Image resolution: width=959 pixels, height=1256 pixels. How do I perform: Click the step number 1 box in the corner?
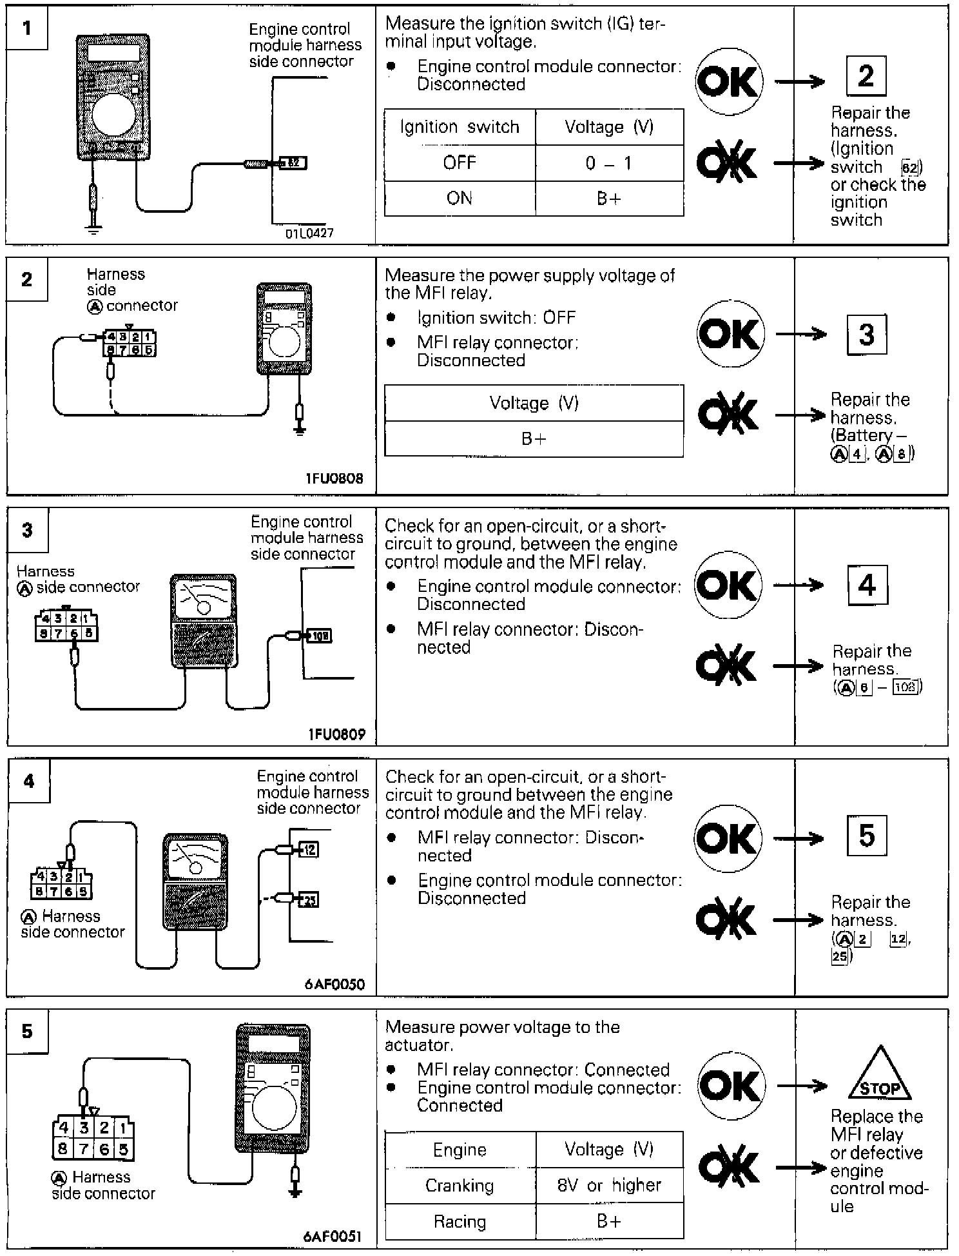[27, 28]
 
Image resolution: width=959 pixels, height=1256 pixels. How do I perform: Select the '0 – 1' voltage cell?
[608, 163]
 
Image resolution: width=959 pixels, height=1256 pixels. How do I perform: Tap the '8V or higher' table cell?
[608, 1185]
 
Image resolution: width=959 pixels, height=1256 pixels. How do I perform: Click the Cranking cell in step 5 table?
[460, 1185]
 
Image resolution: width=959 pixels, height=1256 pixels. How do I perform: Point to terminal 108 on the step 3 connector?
[320, 636]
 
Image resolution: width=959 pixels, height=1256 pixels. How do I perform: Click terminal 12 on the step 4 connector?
[309, 849]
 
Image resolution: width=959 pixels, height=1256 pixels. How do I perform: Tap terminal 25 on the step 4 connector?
[309, 899]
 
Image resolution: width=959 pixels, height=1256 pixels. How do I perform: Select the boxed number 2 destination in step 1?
[866, 76]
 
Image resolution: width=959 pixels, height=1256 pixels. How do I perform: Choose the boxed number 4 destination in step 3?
[867, 585]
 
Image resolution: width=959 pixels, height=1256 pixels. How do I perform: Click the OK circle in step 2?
[730, 333]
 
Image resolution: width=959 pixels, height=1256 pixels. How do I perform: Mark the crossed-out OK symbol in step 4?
[726, 919]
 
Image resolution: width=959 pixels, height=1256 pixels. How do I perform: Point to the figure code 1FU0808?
[334, 478]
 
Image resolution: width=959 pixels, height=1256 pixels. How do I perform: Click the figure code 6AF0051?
[332, 1237]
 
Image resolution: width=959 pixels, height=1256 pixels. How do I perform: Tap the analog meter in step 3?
[204, 621]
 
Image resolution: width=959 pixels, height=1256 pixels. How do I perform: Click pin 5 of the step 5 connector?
[123, 1148]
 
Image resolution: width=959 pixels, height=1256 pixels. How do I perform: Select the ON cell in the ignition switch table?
[460, 198]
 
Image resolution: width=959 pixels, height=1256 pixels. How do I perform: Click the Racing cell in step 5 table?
[460, 1221]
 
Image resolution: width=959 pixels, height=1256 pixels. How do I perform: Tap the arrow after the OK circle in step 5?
[802, 1086]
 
